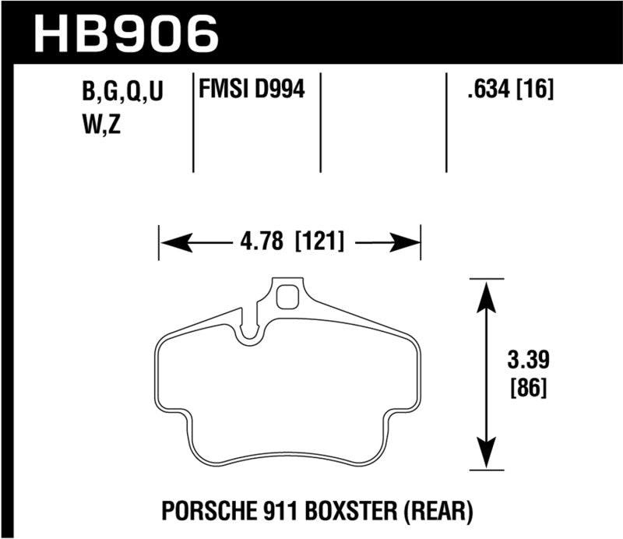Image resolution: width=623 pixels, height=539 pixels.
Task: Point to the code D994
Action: click(x=278, y=92)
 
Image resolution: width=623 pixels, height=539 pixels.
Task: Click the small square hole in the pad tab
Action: click(x=289, y=298)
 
